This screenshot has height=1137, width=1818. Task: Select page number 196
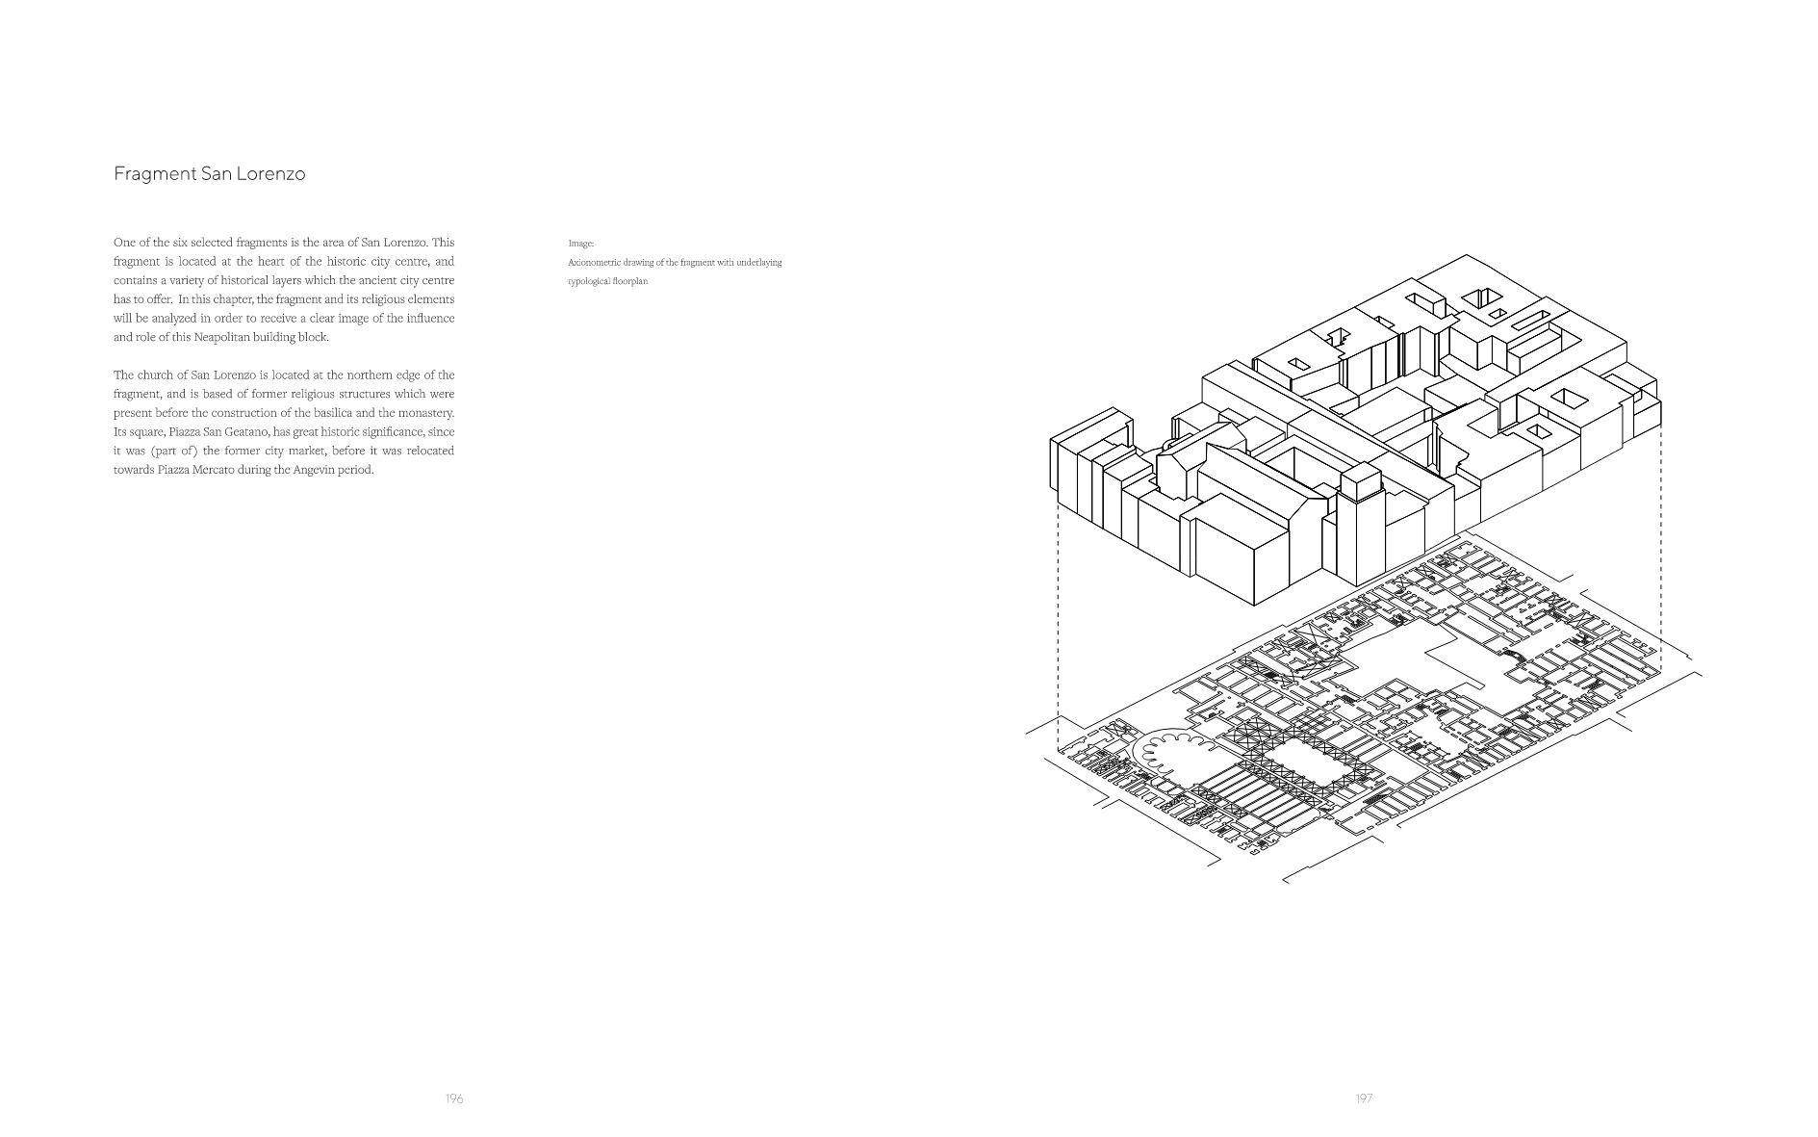(454, 1098)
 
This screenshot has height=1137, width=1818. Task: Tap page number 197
(1364, 1098)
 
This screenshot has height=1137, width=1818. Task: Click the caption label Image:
(581, 244)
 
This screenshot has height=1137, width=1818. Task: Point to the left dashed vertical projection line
(1059, 626)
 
